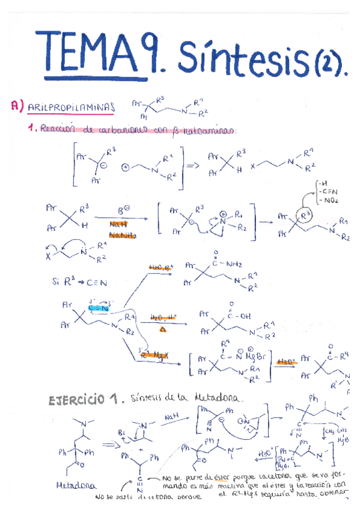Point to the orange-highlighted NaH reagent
click(118, 224)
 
